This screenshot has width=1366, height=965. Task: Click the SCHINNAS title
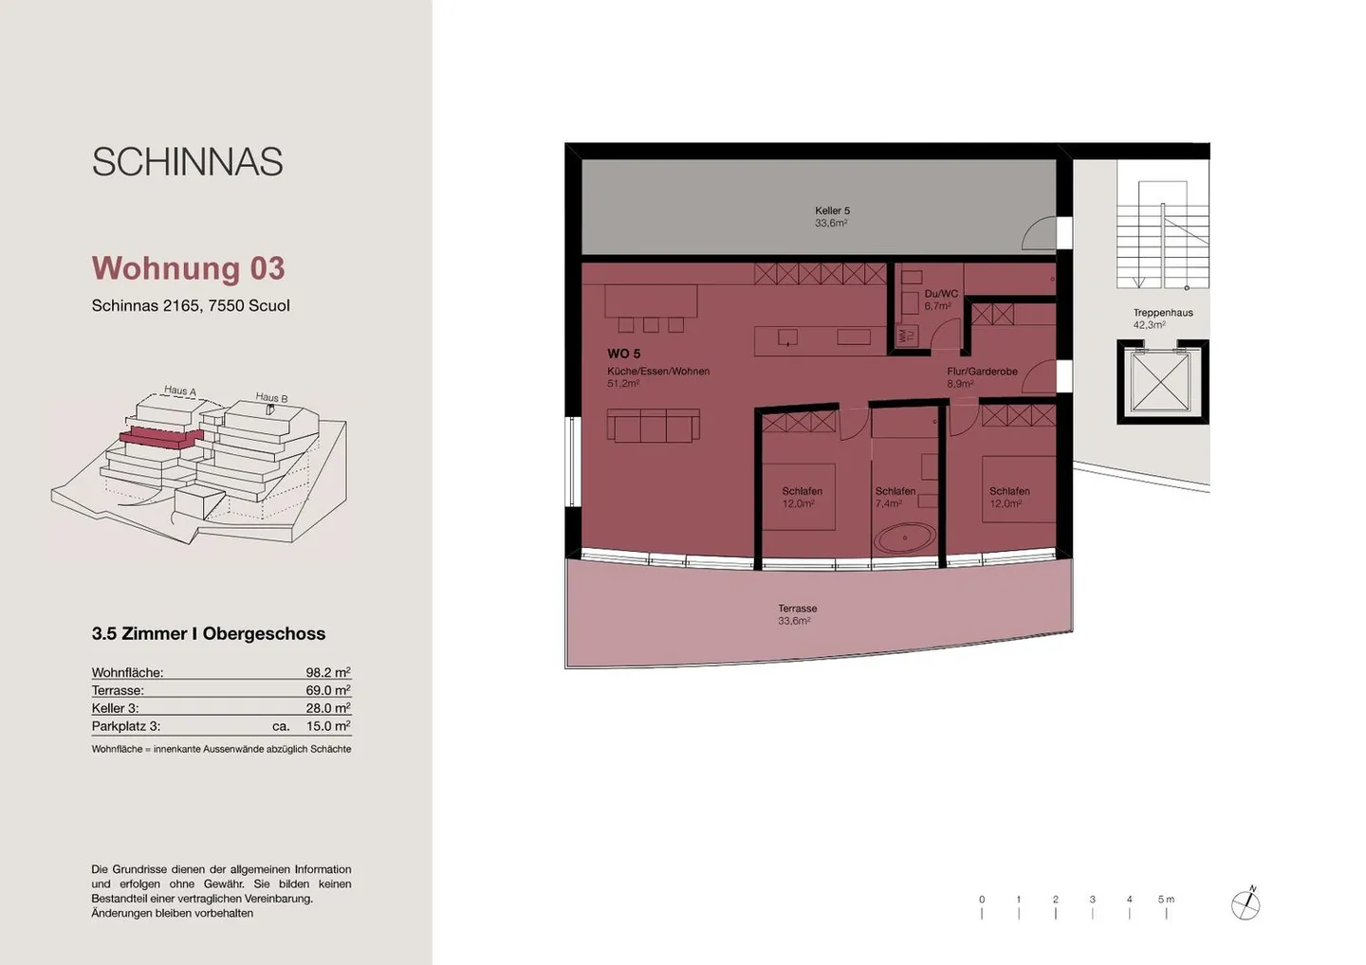coord(187,162)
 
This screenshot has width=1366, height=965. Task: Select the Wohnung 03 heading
coord(188,268)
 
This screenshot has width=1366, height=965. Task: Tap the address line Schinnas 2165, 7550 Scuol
coord(191,305)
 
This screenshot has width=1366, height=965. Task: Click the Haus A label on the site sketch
coord(179,391)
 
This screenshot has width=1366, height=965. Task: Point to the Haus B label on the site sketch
coord(271,398)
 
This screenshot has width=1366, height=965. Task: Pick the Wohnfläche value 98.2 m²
coord(327,672)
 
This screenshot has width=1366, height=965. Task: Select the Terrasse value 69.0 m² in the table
coord(327,690)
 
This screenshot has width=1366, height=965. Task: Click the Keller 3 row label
coord(115,708)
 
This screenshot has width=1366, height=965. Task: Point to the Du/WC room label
coord(940,294)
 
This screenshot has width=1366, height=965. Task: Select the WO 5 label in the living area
coord(623,354)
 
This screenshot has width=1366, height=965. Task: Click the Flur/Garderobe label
coord(982,372)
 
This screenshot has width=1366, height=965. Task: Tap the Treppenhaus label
coord(1162,313)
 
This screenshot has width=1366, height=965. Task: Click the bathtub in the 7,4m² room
coord(904,538)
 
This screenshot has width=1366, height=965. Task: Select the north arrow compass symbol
coord(1246,904)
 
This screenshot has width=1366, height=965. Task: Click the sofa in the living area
coord(653,426)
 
